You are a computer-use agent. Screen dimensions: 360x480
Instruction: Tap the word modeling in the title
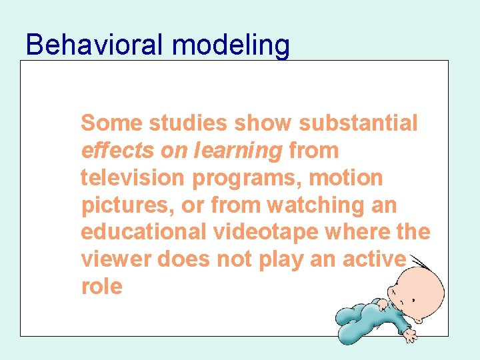[x=231, y=46]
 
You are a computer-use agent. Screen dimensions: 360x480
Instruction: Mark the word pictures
[x=127, y=206]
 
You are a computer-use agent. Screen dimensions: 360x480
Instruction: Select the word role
[x=101, y=287]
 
